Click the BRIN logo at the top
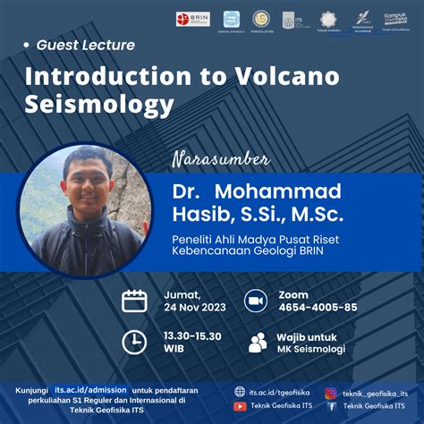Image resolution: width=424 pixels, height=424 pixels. click(x=193, y=19)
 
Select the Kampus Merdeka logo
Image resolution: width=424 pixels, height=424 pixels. click(x=395, y=19)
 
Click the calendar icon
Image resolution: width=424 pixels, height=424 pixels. click(x=134, y=301)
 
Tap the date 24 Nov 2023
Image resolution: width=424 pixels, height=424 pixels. click(x=195, y=309)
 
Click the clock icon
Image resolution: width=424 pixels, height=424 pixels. click(x=134, y=342)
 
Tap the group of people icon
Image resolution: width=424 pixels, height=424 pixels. click(x=258, y=342)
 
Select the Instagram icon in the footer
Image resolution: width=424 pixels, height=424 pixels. click(x=331, y=392)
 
